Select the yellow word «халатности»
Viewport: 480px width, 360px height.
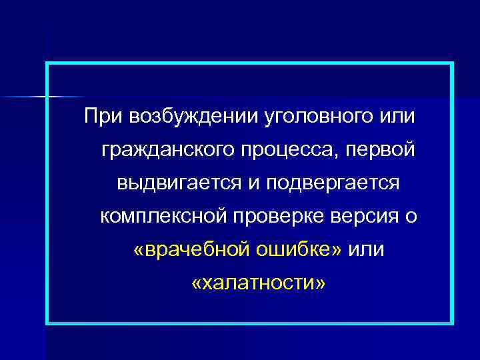(259, 284)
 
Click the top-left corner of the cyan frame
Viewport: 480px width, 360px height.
(47, 64)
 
